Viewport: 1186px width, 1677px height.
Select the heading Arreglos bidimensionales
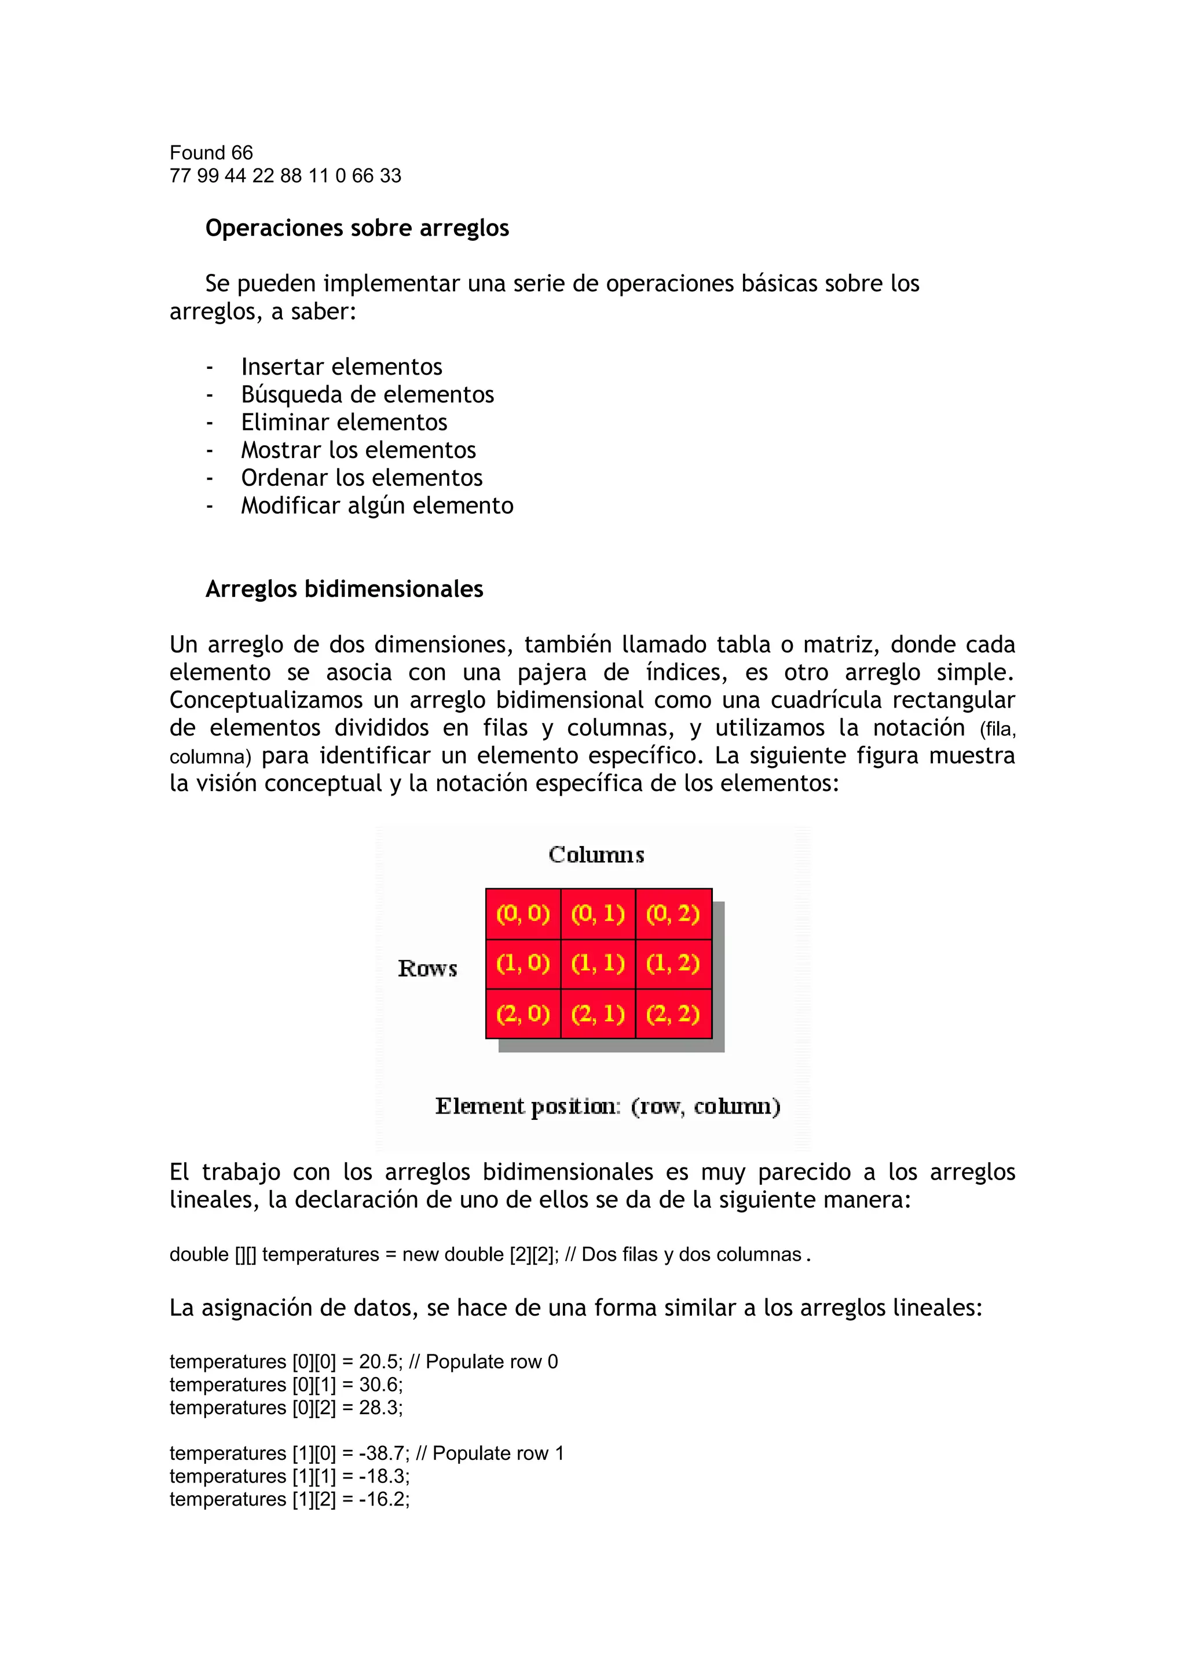tap(344, 589)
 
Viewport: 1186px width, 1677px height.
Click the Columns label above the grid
tap(596, 855)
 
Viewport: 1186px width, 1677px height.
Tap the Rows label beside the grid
tap(427, 969)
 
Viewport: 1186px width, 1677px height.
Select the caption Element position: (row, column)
tap(607, 1107)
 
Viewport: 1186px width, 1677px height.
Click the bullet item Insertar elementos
tap(341, 366)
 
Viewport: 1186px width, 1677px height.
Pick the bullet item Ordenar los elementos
tap(361, 478)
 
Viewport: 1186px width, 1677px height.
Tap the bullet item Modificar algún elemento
tap(377, 506)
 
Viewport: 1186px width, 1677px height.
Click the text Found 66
tap(211, 153)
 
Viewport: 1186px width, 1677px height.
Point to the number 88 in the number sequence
tap(290, 176)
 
